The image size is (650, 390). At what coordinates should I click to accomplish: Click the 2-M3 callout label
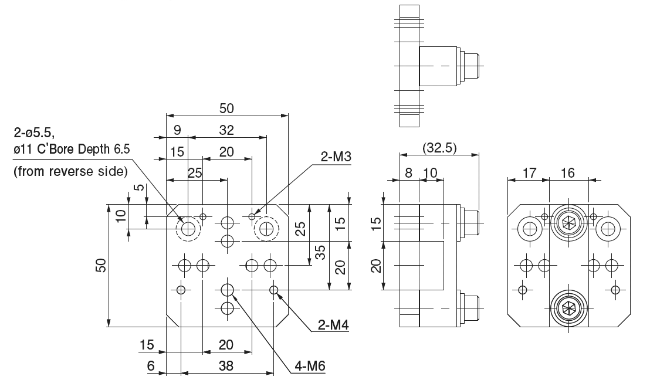[335, 157]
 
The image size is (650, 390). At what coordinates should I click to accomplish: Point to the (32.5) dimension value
[439, 147]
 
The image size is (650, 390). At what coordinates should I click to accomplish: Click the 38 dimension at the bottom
[226, 366]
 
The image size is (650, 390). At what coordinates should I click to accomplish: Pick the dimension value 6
[150, 366]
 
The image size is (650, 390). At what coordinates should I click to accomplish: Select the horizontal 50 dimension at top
[226, 108]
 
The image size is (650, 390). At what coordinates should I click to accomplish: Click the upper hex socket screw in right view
[568, 223]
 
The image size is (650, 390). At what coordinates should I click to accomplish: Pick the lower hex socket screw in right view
[568, 306]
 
